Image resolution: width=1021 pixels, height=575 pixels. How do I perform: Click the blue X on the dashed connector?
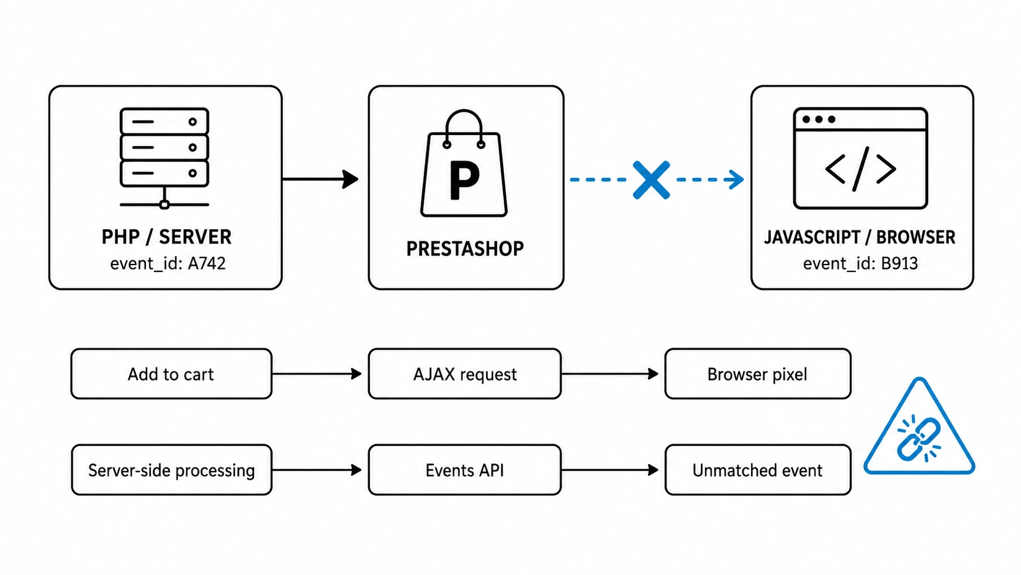click(x=652, y=180)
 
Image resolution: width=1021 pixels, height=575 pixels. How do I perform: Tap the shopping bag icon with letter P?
click(x=464, y=163)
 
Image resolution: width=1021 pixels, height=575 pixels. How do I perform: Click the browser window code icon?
click(x=860, y=158)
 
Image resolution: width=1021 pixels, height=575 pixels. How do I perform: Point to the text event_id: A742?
click(x=168, y=263)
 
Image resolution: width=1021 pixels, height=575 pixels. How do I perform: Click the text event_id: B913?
click(x=860, y=263)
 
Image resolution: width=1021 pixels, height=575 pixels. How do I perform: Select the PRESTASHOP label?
click(x=465, y=249)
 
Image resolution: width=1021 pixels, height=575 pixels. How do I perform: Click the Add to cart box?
click(x=172, y=374)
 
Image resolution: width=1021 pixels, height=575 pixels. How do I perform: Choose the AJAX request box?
click(x=465, y=374)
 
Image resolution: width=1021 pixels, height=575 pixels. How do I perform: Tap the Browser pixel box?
click(x=758, y=374)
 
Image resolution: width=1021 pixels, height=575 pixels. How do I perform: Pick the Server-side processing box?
click(x=172, y=470)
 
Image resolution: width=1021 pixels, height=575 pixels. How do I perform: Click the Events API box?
click(x=465, y=470)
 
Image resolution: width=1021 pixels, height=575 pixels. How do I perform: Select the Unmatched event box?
click(x=758, y=470)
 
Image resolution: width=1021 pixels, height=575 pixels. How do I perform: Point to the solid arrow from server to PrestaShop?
click(x=321, y=179)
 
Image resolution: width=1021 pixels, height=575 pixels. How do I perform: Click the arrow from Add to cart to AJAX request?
click(x=318, y=374)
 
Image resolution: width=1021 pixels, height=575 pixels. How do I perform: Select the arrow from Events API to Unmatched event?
click(x=610, y=470)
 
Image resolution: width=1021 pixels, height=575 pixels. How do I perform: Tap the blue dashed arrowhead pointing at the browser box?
click(x=736, y=180)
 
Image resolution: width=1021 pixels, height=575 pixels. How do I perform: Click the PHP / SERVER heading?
click(x=166, y=237)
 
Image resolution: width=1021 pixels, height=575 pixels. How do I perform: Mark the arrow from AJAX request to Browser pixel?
click(x=610, y=374)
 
